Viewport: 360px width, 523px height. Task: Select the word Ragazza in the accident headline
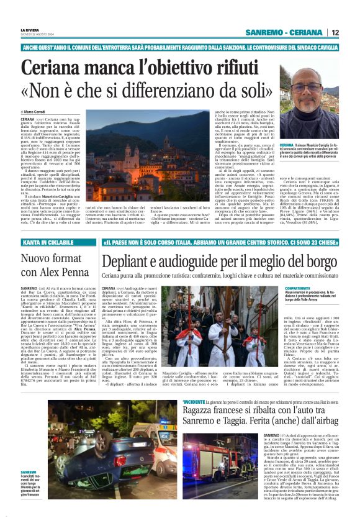pos(205,413)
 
